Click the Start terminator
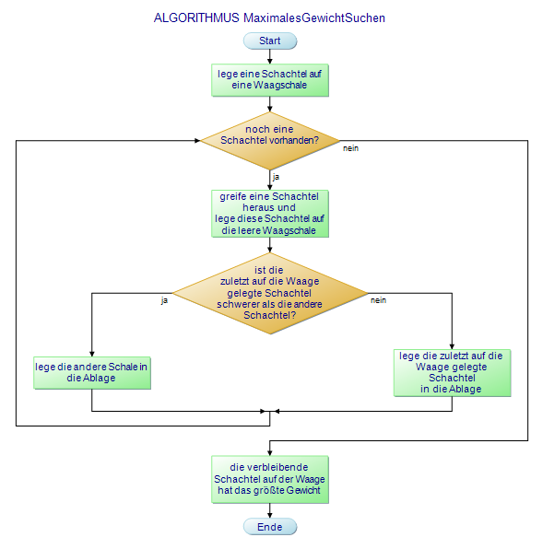[270, 41]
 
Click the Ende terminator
[270, 526]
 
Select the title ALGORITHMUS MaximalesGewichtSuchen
[269, 18]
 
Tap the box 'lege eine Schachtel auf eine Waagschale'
[270, 79]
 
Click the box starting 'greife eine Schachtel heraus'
[270, 214]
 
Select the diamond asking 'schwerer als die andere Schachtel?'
[270, 293]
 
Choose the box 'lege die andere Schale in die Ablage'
[92, 372]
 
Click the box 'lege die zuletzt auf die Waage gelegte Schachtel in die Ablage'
[453, 372]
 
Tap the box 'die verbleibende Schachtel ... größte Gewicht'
[270, 479]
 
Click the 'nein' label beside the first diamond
[350, 148]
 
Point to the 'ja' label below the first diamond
[276, 176]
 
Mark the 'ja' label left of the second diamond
[164, 300]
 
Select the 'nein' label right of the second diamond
[378, 300]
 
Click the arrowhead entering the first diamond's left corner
[196, 141]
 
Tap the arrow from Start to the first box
[270, 56]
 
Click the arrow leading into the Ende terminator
[270, 510]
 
